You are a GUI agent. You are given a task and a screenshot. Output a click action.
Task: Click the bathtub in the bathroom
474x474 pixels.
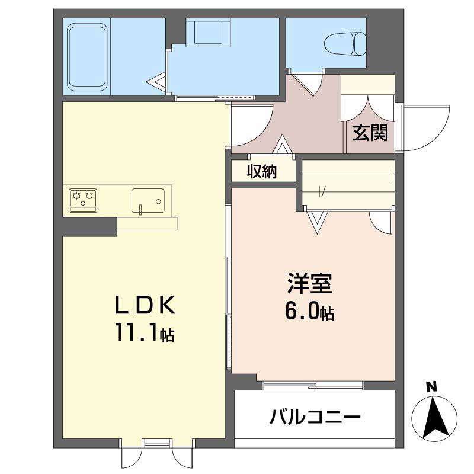tap(88, 56)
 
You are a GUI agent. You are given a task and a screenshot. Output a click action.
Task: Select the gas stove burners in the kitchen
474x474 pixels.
tap(83, 200)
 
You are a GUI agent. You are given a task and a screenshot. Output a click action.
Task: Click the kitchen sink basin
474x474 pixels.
tap(148, 201)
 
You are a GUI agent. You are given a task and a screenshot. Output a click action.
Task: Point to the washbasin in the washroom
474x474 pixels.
tap(209, 33)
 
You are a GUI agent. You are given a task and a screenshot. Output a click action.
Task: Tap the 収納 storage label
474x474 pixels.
tap(262, 171)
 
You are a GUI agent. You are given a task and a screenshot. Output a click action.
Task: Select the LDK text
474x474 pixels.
tap(145, 305)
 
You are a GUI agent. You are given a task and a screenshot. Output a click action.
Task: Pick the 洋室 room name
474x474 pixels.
tap(310, 283)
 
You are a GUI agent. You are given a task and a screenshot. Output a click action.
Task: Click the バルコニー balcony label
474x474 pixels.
tap(315, 417)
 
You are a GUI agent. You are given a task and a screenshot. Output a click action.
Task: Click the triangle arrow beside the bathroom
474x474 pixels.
tap(157, 81)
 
